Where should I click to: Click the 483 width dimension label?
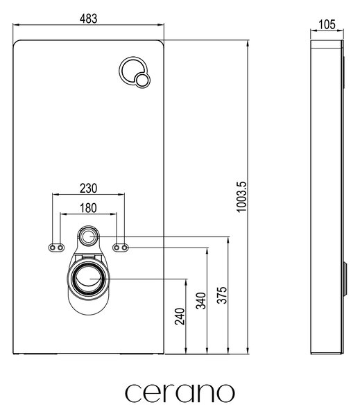[88, 19]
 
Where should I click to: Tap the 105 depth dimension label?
[327, 25]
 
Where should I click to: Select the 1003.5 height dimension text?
[242, 197]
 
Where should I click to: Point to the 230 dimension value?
[88, 189]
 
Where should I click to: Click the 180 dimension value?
[88, 208]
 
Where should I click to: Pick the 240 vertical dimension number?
[180, 316]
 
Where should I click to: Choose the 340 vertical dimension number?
[201, 301]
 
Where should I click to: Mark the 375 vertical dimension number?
[222, 295]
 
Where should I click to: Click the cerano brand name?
[180, 392]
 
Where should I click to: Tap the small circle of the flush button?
[142, 80]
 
